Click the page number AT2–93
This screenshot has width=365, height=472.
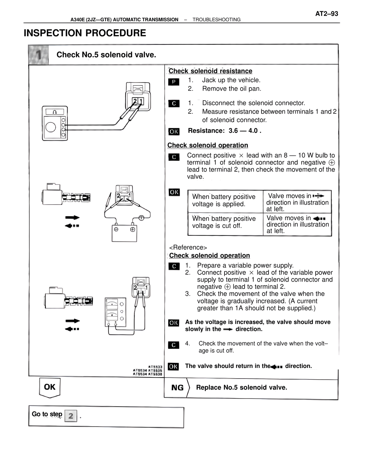click(327, 14)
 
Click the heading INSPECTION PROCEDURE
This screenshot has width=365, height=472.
click(85, 33)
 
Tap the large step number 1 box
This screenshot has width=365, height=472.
click(38, 55)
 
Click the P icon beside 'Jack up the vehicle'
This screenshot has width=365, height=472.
click(174, 82)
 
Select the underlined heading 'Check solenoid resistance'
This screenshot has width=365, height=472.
click(210, 71)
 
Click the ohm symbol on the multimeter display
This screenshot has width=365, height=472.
click(55, 112)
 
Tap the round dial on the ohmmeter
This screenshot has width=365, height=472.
click(51, 127)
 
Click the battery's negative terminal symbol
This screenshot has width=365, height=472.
click(116, 229)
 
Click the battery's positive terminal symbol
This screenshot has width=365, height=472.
click(132, 229)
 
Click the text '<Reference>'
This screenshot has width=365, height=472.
click(188, 247)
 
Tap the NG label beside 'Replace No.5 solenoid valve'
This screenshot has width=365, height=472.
click(177, 388)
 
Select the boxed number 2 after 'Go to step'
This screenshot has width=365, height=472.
click(71, 416)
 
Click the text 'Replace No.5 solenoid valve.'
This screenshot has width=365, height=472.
click(242, 388)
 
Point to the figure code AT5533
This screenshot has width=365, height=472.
click(155, 367)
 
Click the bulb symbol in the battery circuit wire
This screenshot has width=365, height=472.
click(141, 217)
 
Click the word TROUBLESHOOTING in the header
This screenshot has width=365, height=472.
click(216, 20)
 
